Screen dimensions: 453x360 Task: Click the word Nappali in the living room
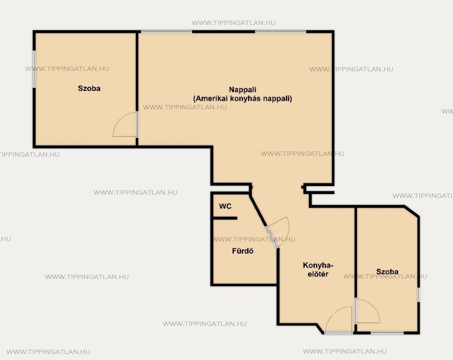(243, 90)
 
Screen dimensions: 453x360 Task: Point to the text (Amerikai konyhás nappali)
(243, 98)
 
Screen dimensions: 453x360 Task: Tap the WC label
(225, 206)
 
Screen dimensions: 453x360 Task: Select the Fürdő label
(243, 251)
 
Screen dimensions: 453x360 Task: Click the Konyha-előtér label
(318, 270)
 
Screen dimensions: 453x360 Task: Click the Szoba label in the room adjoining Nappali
(89, 88)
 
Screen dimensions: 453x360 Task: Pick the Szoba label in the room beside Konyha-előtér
(387, 271)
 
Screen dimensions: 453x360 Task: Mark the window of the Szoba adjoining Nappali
(34, 69)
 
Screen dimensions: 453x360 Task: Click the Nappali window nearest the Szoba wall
(166, 31)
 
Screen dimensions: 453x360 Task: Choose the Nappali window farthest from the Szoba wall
(281, 31)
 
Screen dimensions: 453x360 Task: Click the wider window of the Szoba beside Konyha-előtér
(387, 333)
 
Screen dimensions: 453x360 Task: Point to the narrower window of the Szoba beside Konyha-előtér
(419, 295)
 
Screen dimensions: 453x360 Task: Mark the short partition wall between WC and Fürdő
(225, 218)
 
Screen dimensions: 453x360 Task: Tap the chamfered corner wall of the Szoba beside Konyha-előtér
(412, 211)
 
